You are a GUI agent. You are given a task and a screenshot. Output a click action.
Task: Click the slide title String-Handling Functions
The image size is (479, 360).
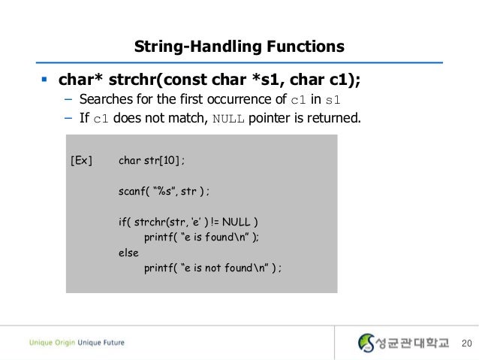point(239,47)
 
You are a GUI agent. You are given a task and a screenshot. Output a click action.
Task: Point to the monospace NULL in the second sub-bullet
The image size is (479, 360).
point(228,118)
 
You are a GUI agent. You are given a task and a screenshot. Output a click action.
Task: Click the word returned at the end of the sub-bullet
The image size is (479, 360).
point(336,117)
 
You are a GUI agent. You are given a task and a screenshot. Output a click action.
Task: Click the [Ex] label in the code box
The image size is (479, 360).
point(81,161)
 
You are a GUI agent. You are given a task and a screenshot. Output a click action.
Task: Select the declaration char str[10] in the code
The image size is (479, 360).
point(151,161)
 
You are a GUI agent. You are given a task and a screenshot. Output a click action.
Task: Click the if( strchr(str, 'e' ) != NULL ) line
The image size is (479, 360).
point(188,222)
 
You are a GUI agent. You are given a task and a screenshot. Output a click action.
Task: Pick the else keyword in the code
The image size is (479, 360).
point(128,253)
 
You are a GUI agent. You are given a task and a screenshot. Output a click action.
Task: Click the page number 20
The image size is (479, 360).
point(465,343)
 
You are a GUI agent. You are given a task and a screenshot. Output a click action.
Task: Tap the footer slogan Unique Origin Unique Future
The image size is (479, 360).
point(77,343)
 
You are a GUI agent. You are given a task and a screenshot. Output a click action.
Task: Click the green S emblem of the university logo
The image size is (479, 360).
point(366,343)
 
